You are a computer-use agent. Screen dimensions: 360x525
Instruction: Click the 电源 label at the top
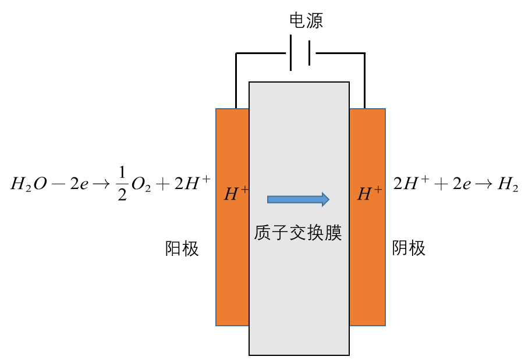click(306, 22)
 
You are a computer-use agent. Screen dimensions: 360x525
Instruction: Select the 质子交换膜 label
click(297, 233)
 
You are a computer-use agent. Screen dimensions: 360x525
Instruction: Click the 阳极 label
click(182, 249)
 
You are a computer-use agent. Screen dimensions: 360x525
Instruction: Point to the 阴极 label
click(409, 249)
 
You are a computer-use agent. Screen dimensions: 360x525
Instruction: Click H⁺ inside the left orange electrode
click(236, 194)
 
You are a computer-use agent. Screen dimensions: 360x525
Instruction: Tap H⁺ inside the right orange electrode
click(370, 194)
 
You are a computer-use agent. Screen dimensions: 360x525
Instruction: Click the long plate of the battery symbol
click(290, 54)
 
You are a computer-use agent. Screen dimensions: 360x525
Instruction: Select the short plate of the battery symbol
click(308, 54)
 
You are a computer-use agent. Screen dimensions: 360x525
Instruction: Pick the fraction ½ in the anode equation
click(122, 186)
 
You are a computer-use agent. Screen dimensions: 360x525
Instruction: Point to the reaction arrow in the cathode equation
click(481, 185)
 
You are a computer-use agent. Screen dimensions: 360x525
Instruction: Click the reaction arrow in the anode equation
click(102, 186)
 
